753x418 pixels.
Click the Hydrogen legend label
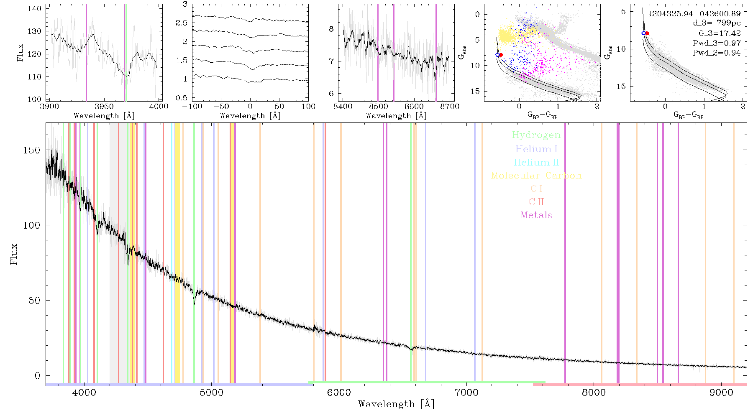(x=536, y=135)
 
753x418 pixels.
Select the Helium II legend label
(x=536, y=162)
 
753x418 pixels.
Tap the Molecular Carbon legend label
(x=536, y=176)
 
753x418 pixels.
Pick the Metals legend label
(x=536, y=215)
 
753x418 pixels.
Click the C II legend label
(x=536, y=202)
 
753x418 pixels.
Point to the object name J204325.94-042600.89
(x=694, y=13)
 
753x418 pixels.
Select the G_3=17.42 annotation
(x=720, y=33)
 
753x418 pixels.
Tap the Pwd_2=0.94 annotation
(x=717, y=53)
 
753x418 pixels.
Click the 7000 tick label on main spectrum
(x=466, y=393)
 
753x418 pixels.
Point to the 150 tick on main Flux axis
(x=32, y=150)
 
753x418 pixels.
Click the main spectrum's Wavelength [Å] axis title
(x=396, y=404)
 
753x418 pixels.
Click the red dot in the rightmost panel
(x=647, y=33)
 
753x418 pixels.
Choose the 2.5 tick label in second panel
(x=182, y=23)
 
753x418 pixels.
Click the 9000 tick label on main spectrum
(x=721, y=393)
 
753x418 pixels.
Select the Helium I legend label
(x=536, y=149)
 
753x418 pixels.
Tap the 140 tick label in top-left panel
(x=34, y=8)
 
